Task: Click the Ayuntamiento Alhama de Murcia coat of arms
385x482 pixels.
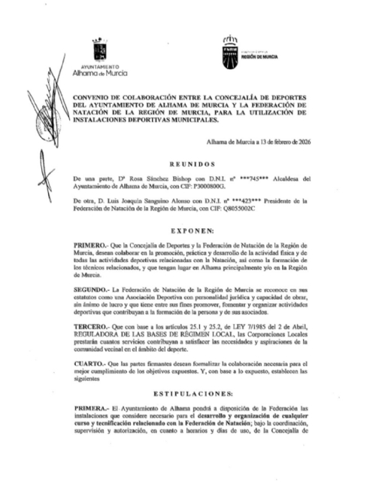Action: coord(99,50)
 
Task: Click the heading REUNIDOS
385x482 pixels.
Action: coord(192,163)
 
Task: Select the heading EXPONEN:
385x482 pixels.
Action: coord(192,229)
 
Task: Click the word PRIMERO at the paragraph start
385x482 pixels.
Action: coord(91,246)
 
